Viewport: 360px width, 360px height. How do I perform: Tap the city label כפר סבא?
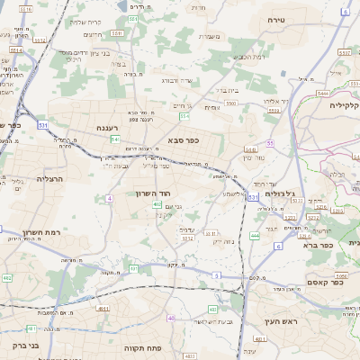183,140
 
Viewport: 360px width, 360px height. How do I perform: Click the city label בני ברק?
28,345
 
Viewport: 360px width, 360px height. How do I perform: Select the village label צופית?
212,107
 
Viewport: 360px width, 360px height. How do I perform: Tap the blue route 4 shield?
109,197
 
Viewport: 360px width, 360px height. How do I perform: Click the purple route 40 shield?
171,318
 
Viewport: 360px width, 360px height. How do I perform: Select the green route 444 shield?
255,235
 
